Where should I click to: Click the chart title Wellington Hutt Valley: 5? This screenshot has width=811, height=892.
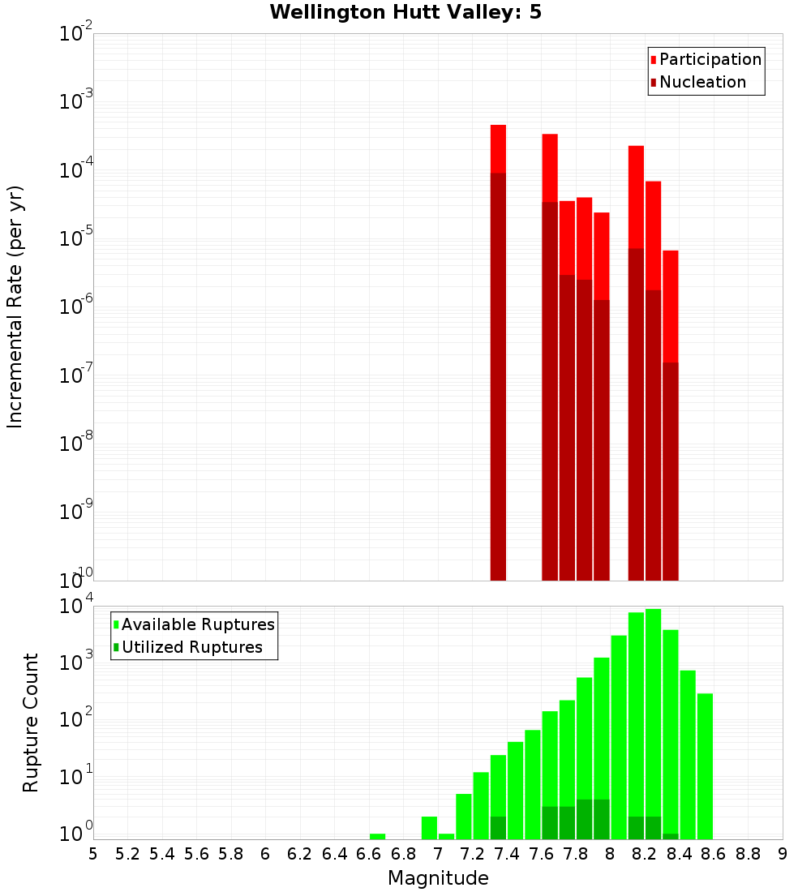coord(411,12)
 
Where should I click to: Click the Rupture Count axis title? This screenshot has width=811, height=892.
coord(31,723)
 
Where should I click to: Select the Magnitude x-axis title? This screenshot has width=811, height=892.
coord(438,878)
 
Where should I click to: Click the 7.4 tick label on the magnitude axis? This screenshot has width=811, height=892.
coord(507,854)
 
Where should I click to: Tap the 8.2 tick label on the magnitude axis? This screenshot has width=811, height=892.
coord(645,854)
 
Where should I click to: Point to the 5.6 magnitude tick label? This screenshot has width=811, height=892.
coord(196,854)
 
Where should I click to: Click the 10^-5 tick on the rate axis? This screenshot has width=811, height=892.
coord(76,238)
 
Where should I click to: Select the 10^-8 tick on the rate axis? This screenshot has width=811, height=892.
coord(76,444)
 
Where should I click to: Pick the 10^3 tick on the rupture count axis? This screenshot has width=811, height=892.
coord(76,663)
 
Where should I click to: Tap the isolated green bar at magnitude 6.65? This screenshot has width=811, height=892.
coord(377,836)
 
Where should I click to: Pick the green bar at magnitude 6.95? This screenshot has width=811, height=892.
coord(429,828)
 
